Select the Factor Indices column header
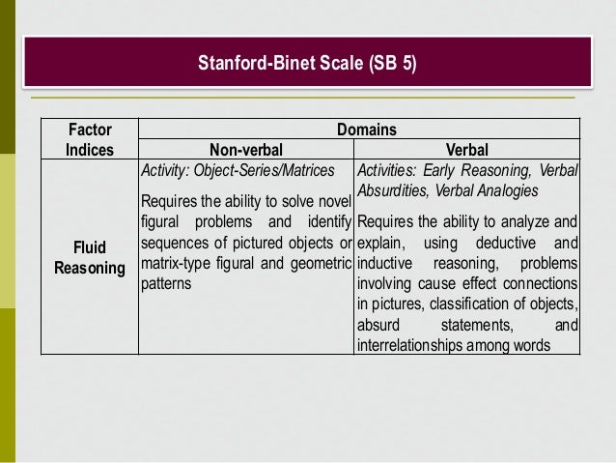coord(90,139)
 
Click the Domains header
coord(366,130)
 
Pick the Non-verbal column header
coord(245,150)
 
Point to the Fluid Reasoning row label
coord(90,256)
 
